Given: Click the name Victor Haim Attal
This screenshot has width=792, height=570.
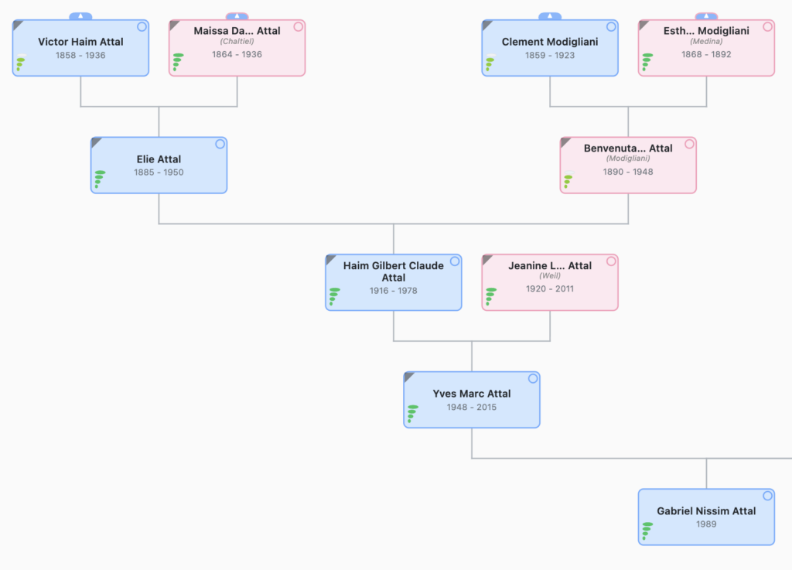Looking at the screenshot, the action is coord(80,42).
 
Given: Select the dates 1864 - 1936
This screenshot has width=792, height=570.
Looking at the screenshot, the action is coord(237,55).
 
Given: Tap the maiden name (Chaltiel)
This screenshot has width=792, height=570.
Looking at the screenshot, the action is coord(237,42).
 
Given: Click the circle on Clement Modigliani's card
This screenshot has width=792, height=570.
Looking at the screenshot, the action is coord(611,27).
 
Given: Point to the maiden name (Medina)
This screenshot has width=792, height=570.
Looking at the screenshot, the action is coord(706,42).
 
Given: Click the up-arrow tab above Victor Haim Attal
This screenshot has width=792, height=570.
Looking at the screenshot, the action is coord(80,16).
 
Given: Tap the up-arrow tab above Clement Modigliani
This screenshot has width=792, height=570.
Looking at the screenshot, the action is coord(550,16).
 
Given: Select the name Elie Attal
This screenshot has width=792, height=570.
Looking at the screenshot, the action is coord(159,159).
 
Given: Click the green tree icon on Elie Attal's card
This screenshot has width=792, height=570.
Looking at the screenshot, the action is coord(99,179).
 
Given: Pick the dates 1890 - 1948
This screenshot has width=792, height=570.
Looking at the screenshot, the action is coord(628,172).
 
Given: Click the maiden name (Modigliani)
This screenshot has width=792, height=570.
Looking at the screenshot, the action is coord(628,159).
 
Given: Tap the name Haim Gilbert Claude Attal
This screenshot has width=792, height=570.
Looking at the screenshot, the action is coord(394,271).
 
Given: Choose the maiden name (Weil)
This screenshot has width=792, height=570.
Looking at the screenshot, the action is coord(550,275).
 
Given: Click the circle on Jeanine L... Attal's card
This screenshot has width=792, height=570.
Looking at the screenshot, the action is coord(611,261).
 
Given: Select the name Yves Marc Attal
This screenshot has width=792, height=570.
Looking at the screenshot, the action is coord(472,394).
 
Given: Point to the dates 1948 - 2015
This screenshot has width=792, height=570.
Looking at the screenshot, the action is coord(472,407).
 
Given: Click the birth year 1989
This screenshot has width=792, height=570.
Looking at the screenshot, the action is coord(706,524).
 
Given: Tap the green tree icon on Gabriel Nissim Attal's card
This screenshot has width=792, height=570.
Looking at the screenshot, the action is coord(647,531).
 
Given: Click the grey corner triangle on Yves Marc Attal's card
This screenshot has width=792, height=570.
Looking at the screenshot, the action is coord(408,376).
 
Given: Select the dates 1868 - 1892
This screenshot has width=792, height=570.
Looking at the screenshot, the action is coord(706,55).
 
